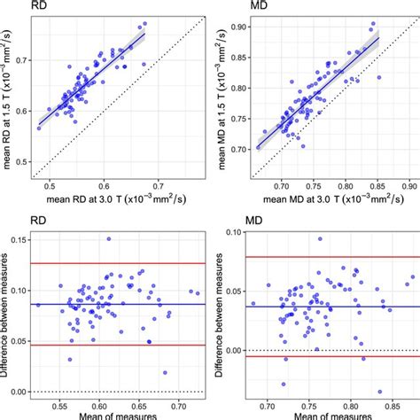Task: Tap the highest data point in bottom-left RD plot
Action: coord(108,238)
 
